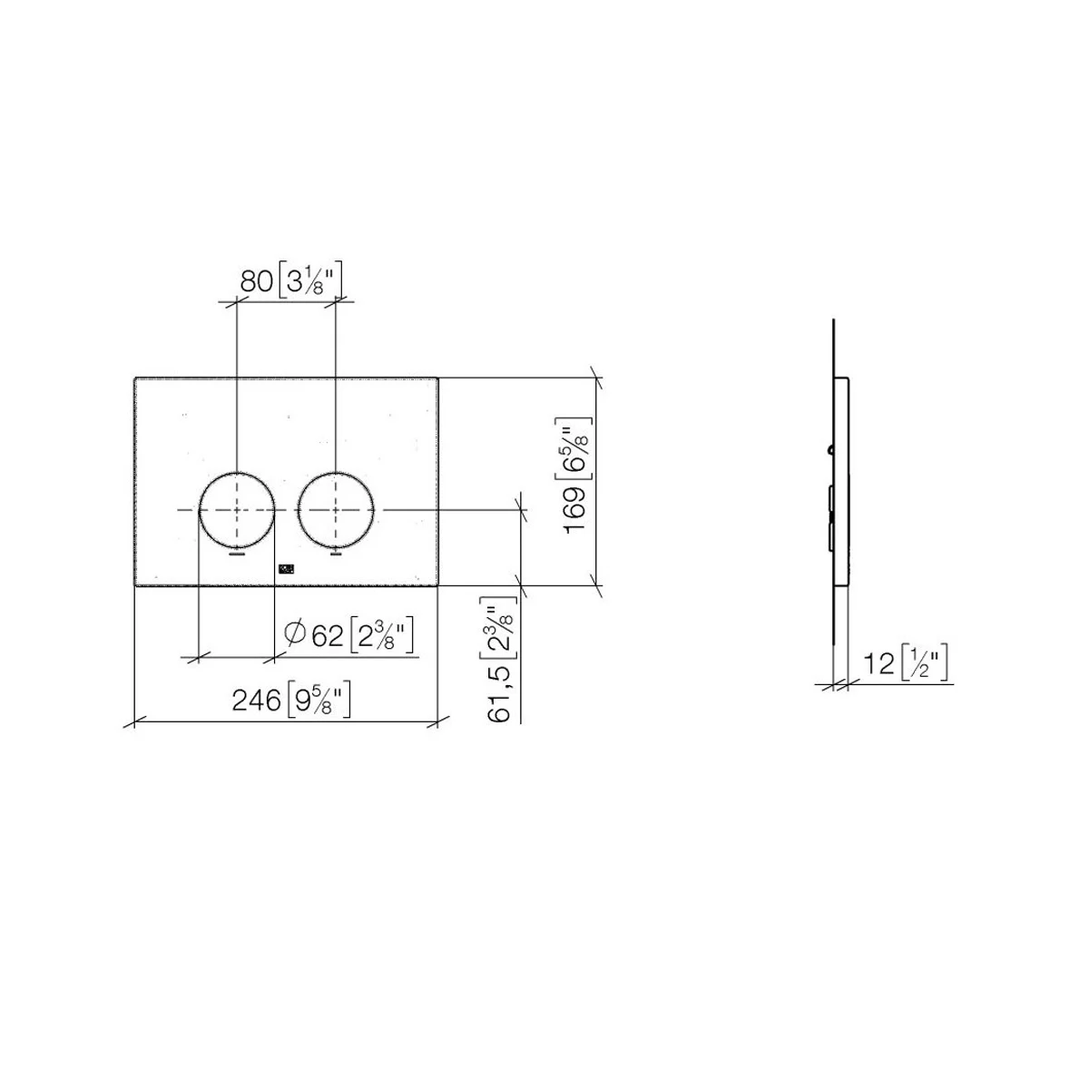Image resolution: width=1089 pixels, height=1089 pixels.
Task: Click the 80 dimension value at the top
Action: (x=257, y=280)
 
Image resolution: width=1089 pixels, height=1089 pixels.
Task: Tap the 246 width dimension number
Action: (x=257, y=701)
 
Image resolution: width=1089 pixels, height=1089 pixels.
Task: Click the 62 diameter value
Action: (x=328, y=636)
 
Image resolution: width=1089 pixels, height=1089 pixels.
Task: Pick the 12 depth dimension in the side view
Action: (x=879, y=663)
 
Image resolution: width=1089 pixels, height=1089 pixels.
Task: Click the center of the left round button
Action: (x=237, y=510)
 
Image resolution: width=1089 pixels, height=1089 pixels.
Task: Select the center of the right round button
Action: (x=337, y=510)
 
